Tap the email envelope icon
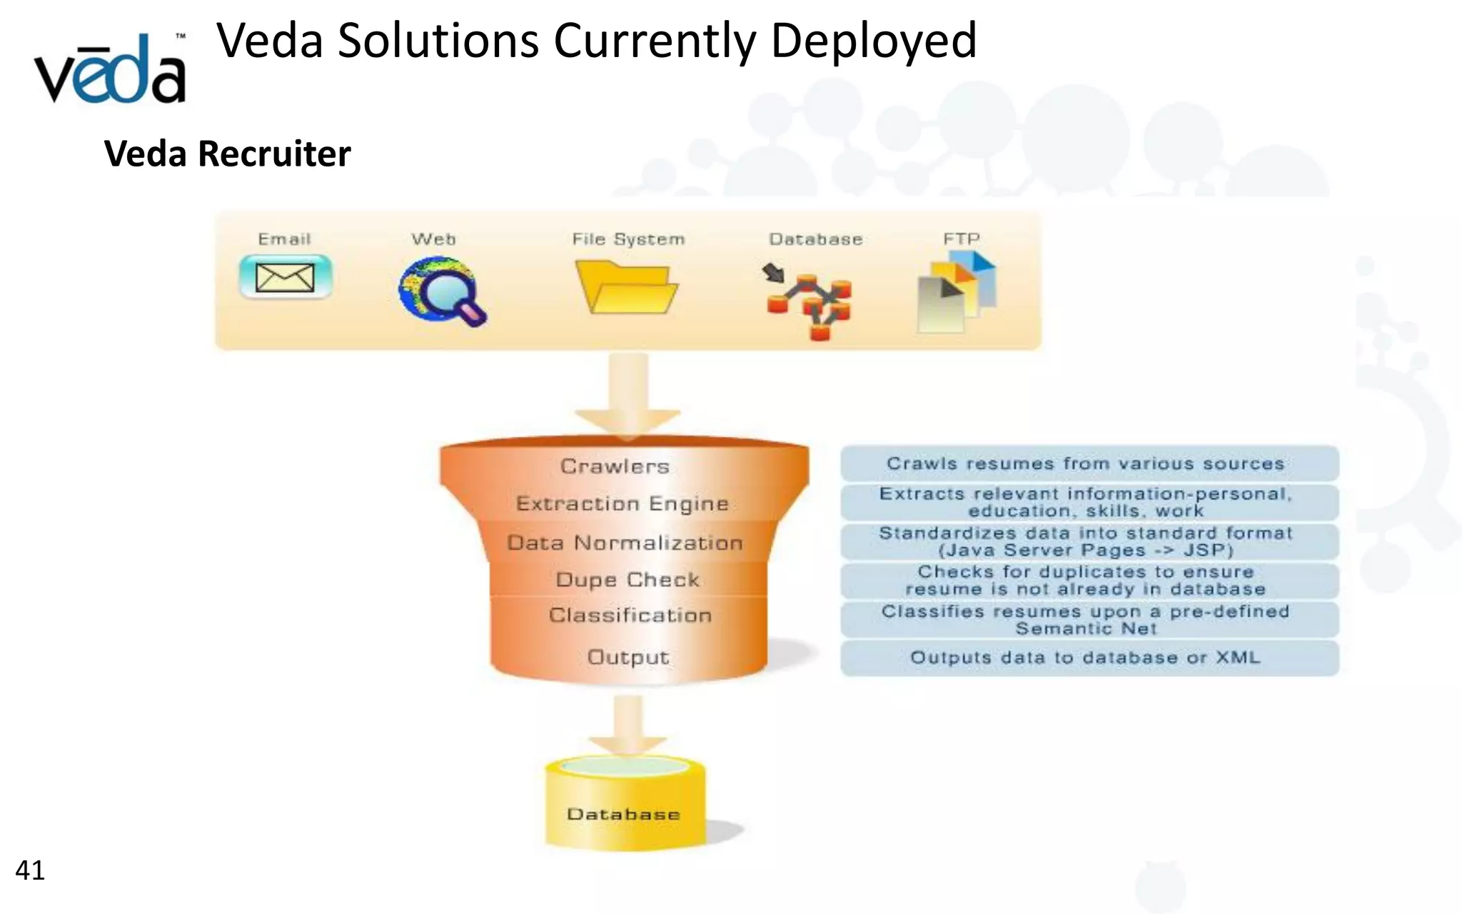(x=285, y=276)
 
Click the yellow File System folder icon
(x=627, y=287)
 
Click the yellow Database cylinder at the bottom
(x=625, y=803)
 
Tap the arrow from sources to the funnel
(x=628, y=393)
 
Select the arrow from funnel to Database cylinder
(x=628, y=723)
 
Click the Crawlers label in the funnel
(x=615, y=466)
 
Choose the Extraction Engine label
(x=622, y=503)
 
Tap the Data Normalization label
(x=625, y=543)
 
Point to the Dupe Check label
(x=627, y=579)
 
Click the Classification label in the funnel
(x=630, y=616)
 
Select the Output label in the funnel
(x=628, y=657)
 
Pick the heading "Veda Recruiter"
(x=228, y=154)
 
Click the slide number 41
(x=30, y=870)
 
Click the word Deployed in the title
(x=873, y=41)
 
